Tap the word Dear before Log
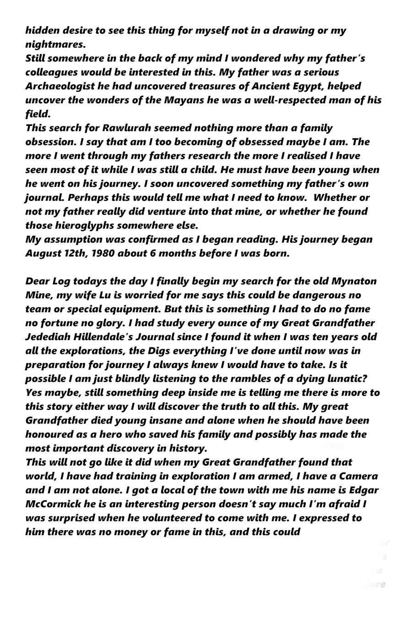pos(38,282)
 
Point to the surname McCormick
pos(54,504)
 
